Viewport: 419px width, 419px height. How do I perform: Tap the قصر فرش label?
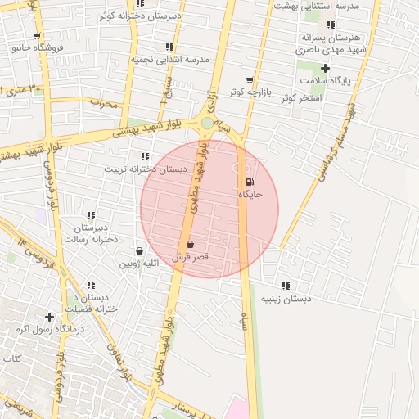coord(190,257)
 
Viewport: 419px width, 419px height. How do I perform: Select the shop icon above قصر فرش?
coord(190,244)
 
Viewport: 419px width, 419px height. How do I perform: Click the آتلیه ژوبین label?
coord(139,264)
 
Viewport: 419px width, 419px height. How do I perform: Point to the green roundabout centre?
coord(208,124)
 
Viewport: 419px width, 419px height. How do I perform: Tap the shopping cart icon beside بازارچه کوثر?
coord(250,80)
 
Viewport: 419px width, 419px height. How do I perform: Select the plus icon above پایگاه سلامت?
coord(325,68)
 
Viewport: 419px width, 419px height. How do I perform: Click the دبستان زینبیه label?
coord(286,299)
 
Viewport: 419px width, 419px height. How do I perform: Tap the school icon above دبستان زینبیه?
coord(286,286)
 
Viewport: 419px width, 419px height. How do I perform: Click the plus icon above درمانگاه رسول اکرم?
coord(50,316)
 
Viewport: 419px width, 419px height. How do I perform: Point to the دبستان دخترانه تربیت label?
coord(145,169)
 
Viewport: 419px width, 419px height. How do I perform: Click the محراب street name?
coord(105,104)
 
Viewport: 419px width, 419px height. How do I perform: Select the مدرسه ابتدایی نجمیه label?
coord(169,61)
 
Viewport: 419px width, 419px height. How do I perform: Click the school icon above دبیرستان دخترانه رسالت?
coord(91,215)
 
